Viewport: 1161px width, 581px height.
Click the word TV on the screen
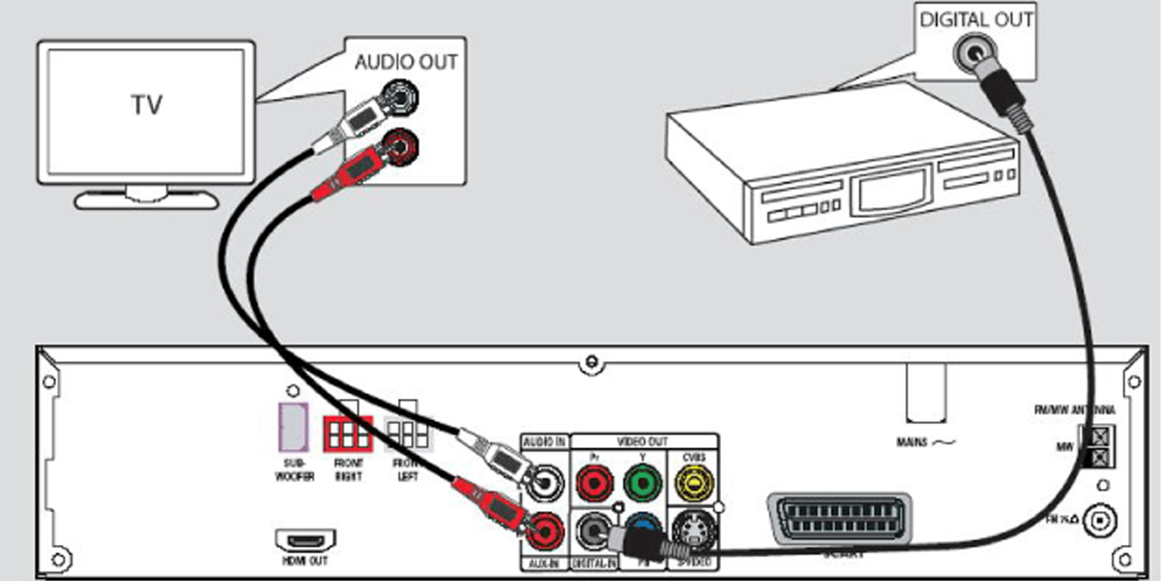[148, 106]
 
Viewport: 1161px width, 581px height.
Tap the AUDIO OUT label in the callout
[406, 62]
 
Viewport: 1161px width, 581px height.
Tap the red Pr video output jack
[591, 480]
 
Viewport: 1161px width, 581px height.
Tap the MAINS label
[924, 443]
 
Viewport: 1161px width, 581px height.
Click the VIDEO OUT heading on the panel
[642, 441]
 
